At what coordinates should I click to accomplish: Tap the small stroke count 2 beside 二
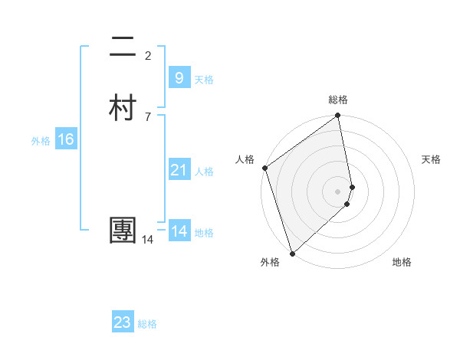[148, 55]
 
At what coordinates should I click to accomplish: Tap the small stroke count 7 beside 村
[148, 116]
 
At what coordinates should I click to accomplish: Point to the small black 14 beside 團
[147, 240]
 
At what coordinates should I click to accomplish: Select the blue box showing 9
[179, 78]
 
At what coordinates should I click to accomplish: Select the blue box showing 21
[179, 170]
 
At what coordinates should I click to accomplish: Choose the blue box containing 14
[179, 231]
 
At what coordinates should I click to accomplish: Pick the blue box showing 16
[66, 139]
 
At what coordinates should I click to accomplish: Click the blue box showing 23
[123, 322]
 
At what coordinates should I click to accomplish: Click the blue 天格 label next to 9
[204, 80]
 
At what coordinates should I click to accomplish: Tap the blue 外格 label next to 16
[41, 141]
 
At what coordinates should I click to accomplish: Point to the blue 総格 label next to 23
[147, 324]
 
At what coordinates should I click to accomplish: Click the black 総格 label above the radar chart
[338, 100]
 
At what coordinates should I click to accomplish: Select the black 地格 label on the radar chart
[402, 263]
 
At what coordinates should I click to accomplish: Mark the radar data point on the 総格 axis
[338, 117]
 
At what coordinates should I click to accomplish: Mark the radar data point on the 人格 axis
[264, 168]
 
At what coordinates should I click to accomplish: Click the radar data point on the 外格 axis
[292, 253]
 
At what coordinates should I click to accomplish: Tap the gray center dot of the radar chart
[338, 191]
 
